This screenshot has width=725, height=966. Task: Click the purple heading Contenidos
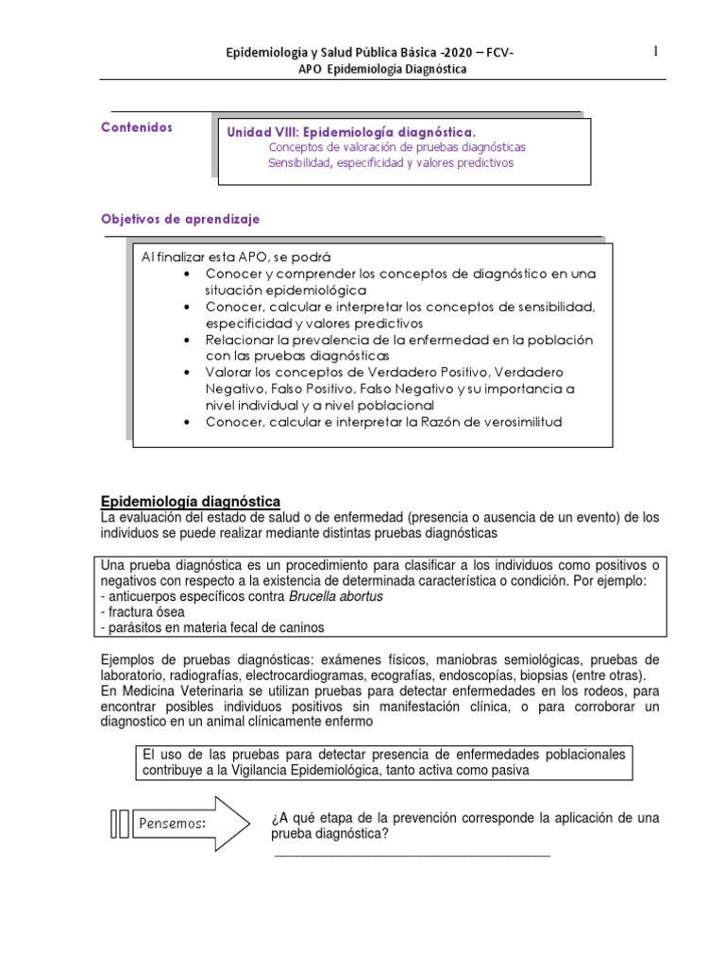point(137,127)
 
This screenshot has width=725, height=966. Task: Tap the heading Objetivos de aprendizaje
point(179,218)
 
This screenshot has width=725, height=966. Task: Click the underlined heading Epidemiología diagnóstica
point(190,501)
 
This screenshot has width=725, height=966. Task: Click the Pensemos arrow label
point(173,823)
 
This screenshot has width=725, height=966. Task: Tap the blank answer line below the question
point(411,856)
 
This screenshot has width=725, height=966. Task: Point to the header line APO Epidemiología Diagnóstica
point(362,69)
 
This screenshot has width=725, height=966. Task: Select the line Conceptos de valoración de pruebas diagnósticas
point(396,147)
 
